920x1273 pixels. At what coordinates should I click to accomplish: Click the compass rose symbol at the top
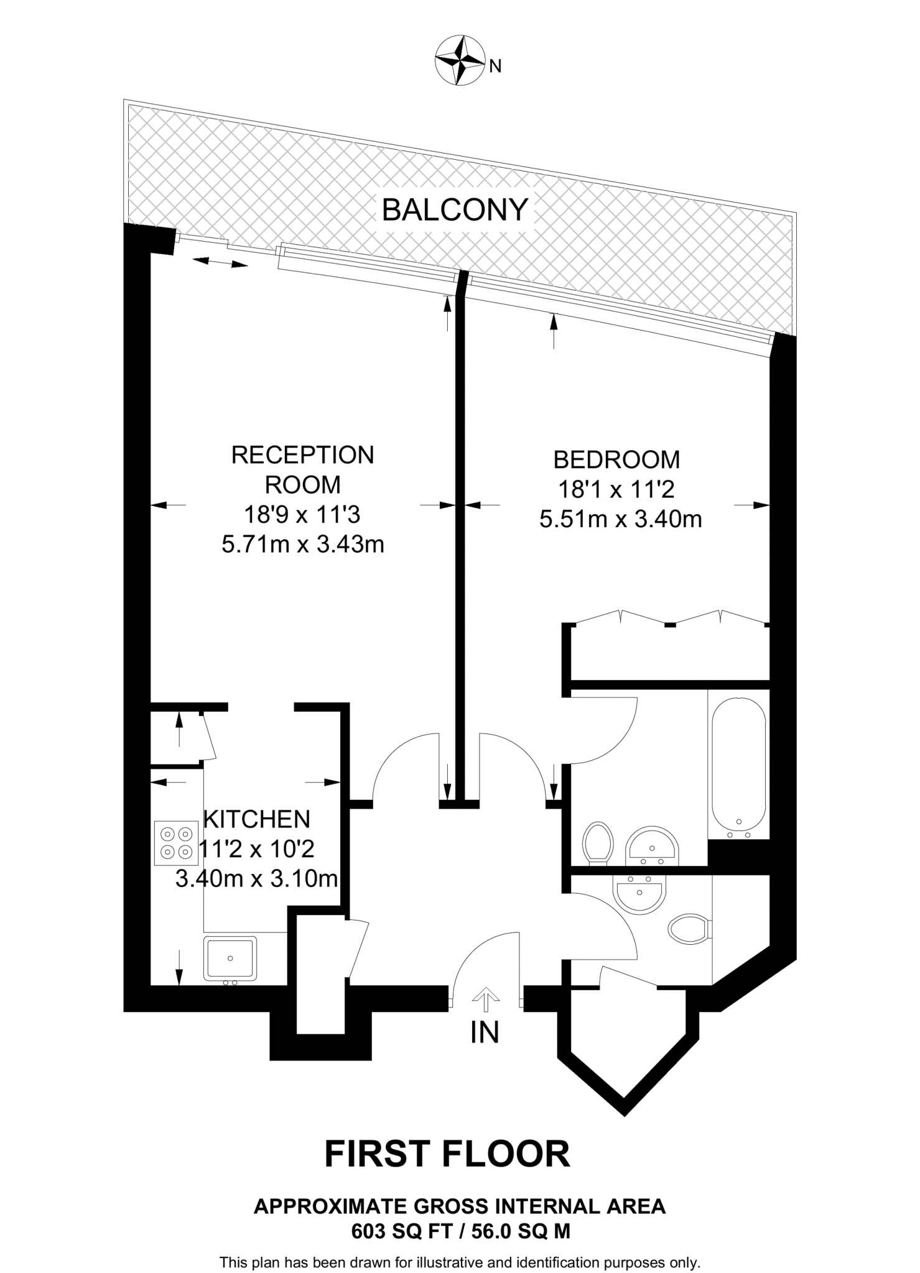[460, 61]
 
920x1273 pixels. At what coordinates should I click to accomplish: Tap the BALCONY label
[455, 210]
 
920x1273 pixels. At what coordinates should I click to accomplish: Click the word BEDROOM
[616, 460]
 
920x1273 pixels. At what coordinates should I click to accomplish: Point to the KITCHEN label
[257, 819]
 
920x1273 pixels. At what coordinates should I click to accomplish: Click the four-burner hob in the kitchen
[176, 842]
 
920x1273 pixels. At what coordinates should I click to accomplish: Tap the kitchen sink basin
[230, 958]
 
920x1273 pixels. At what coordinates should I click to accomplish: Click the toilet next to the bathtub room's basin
[598, 842]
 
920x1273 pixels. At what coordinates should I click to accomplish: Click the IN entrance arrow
[486, 1000]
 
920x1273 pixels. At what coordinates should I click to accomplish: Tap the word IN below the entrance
[485, 1032]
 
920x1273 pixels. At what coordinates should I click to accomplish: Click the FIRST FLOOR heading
[447, 1154]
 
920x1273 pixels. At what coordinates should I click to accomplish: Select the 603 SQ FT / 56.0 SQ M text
[460, 1231]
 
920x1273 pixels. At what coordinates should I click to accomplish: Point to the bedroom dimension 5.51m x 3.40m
[620, 519]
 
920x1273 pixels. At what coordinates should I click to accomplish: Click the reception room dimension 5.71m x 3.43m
[303, 545]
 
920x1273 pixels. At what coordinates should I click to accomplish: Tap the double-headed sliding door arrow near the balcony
[220, 263]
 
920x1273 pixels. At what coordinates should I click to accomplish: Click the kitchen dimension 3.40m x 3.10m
[256, 879]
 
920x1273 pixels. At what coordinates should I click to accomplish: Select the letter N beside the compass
[495, 66]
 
